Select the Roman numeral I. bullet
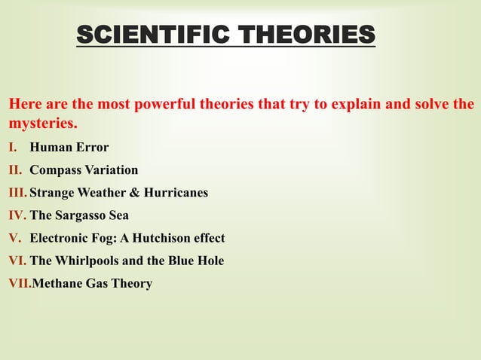coord(14,148)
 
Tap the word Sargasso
coord(80,215)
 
